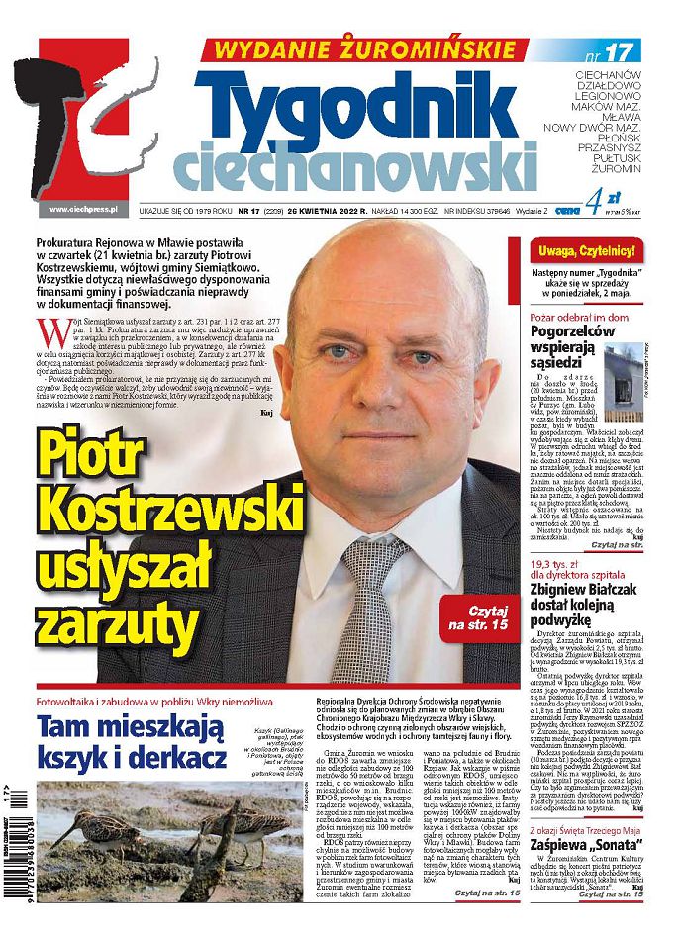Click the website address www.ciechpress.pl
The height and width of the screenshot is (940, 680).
pos(83,209)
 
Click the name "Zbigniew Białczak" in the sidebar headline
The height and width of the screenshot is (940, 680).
pos(584,588)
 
